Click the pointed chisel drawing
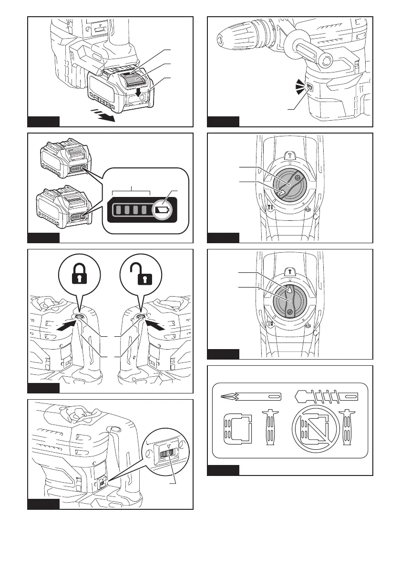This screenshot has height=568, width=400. pos(251,396)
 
